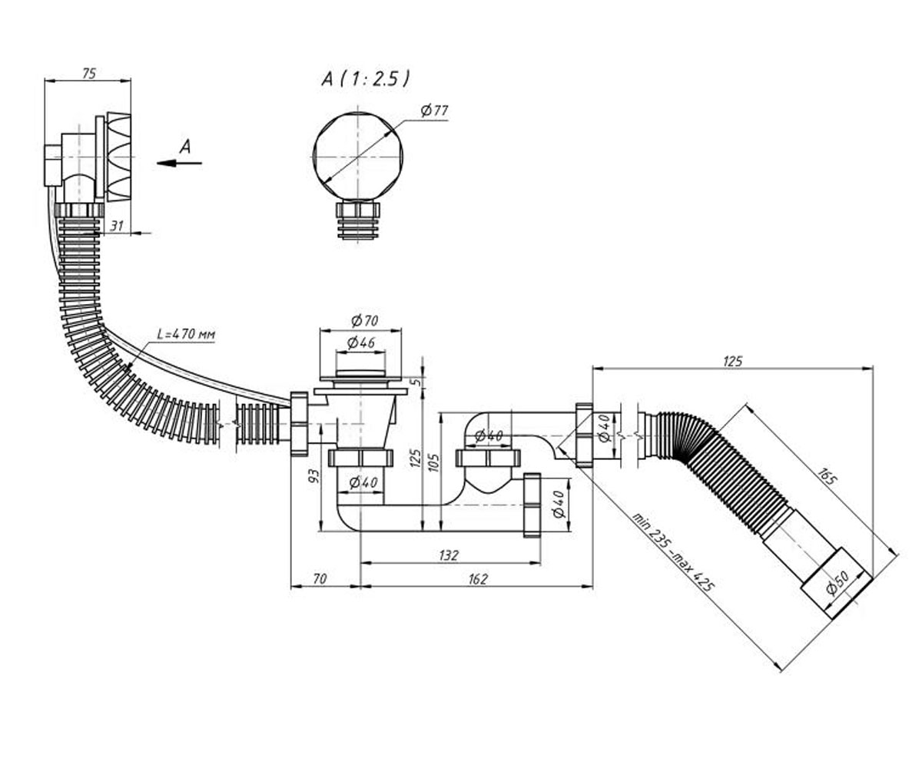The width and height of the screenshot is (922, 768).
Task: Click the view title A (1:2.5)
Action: point(366,79)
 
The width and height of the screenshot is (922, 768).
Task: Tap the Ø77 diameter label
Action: point(435,110)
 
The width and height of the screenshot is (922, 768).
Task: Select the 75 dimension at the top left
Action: point(89,74)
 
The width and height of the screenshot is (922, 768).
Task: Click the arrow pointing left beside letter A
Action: point(179,164)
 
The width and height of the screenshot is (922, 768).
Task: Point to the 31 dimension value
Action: point(117,226)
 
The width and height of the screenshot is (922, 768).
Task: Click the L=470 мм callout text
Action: point(187,334)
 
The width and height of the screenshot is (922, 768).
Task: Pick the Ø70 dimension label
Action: point(365,320)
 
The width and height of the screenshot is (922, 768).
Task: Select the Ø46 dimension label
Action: point(361,343)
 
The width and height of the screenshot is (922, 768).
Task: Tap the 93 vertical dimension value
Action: point(313,475)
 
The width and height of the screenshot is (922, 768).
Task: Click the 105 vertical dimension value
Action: point(433,463)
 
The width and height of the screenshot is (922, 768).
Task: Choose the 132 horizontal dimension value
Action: point(449,555)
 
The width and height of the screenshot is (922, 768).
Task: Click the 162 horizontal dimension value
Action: point(478,579)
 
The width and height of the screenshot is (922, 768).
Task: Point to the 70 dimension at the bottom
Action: point(320,578)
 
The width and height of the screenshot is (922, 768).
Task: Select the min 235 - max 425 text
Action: point(673,552)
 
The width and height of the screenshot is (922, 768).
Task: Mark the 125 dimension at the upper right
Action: point(732,361)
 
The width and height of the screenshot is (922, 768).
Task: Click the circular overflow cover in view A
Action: point(358,157)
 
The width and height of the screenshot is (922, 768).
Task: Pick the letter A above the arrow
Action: point(185,147)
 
